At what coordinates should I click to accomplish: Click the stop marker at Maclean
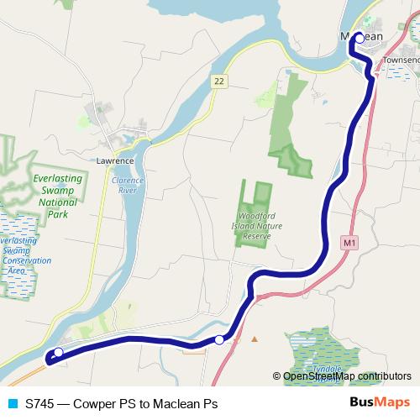[x=359, y=38]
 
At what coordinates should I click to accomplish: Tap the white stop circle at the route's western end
[x=58, y=352]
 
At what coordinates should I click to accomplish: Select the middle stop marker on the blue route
[x=219, y=339]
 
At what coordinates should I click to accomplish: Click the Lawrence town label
[x=115, y=160]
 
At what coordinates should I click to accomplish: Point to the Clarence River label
[x=128, y=185]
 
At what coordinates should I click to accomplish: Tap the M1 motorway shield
[x=350, y=243]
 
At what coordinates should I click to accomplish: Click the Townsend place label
[x=400, y=61]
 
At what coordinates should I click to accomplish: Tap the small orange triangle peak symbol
[x=255, y=339]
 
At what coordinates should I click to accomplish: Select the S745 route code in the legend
[x=39, y=403]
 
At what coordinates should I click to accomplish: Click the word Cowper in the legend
[x=96, y=403]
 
